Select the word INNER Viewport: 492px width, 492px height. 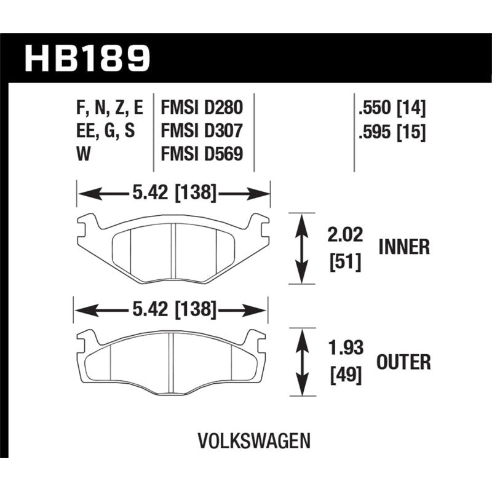point(403,247)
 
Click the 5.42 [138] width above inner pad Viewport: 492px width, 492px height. point(173,194)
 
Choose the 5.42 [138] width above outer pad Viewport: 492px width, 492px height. point(172,311)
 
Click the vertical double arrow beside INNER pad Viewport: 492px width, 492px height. point(302,248)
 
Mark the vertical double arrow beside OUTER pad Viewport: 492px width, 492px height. point(302,363)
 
